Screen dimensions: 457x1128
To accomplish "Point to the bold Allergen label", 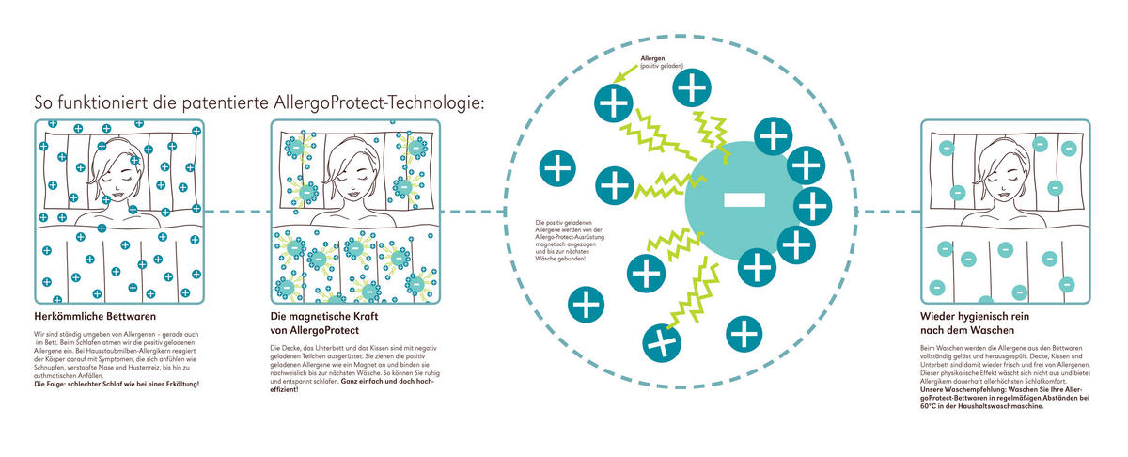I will (653, 58).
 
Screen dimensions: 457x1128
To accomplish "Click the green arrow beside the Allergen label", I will (623, 74).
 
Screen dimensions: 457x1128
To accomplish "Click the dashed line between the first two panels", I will (235, 211).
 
